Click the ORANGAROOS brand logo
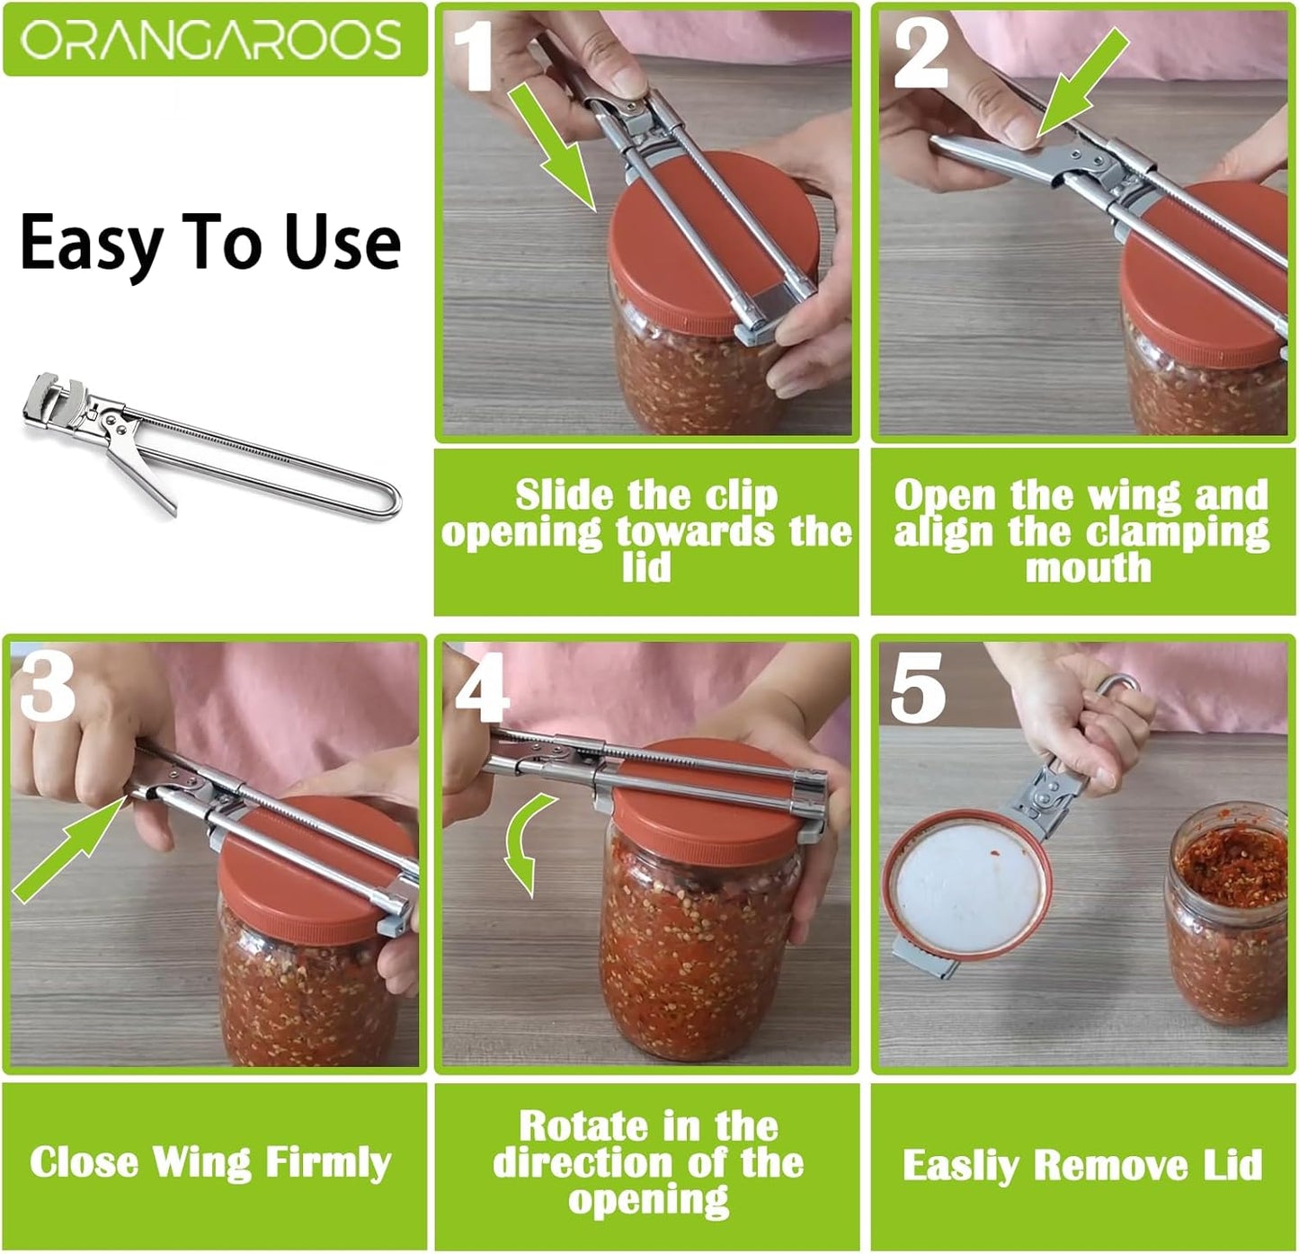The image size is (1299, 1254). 212,40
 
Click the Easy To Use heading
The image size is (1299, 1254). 210,243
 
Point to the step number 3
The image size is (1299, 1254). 47,688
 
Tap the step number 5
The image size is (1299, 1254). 917,688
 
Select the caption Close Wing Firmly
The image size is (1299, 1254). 210,1162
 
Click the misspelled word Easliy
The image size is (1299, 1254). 961,1165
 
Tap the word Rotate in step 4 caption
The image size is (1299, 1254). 583,1126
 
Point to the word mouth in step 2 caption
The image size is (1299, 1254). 1088,568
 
